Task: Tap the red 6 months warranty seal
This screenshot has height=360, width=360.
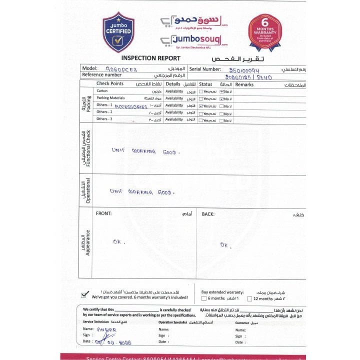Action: (265, 31)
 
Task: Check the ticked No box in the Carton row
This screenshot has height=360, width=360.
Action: (222, 91)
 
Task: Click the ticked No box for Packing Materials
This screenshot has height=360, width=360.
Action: (222, 98)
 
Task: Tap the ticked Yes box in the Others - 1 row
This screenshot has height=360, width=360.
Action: (200, 106)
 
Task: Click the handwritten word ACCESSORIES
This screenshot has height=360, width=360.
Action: (131, 106)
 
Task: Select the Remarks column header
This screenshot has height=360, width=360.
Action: (244, 84)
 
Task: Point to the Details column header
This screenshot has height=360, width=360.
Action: (172, 84)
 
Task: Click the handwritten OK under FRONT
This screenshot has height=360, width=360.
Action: (118, 242)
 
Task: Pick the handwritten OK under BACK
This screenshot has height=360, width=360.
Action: (224, 245)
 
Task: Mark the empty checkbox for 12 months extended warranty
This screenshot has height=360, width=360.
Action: (249, 298)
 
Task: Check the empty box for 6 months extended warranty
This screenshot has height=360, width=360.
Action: (203, 298)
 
